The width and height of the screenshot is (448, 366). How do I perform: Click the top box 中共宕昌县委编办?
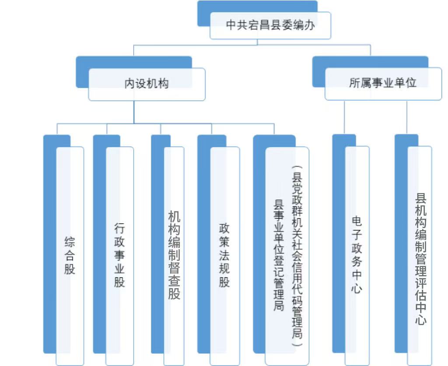(x=270, y=25)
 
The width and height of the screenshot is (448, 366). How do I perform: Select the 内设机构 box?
(x=147, y=84)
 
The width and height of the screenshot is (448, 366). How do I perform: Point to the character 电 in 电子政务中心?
(x=357, y=221)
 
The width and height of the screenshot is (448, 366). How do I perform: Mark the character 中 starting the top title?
(x=231, y=25)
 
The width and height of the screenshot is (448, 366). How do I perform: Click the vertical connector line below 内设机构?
(x=134, y=112)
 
